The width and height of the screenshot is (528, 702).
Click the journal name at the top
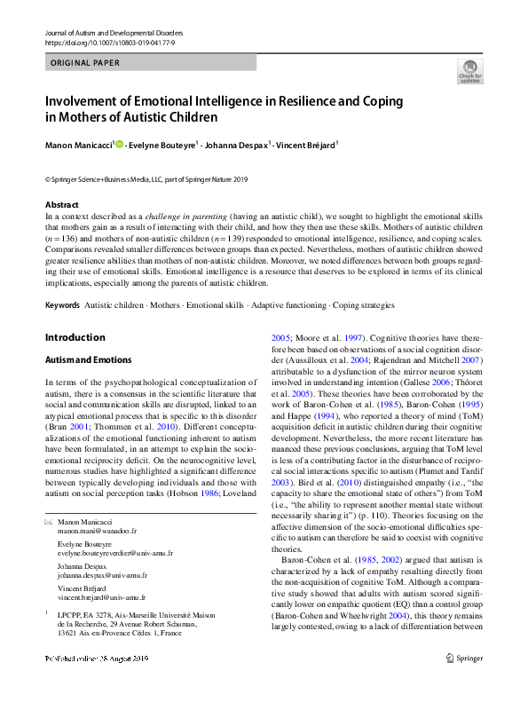(x=106, y=32)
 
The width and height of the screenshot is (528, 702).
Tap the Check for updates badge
(x=469, y=72)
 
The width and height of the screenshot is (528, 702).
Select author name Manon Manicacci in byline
(x=78, y=144)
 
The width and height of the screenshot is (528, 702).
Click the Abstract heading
(x=61, y=205)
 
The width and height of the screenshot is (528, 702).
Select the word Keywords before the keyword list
(x=62, y=304)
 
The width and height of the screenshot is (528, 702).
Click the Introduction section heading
(x=75, y=337)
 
